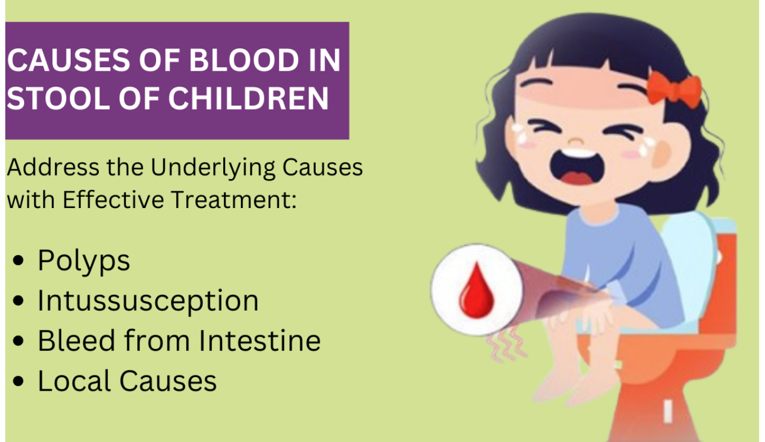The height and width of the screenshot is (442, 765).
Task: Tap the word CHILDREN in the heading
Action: pyautogui.click(x=249, y=98)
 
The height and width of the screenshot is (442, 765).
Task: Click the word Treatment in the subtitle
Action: pyautogui.click(x=234, y=199)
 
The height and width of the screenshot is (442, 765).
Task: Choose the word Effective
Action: pyautogui.click(x=114, y=199)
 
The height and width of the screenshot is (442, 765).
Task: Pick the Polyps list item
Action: pyautogui.click(x=84, y=261)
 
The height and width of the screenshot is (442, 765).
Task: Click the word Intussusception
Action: pyautogui.click(x=148, y=301)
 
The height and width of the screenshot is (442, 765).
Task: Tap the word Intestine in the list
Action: pyautogui.click(x=260, y=341)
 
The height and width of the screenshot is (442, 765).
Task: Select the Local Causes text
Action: pyautogui.click(x=127, y=381)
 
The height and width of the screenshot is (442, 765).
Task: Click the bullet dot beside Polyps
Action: pyautogui.click(x=18, y=260)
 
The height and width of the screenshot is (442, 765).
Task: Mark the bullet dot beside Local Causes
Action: pyautogui.click(x=18, y=381)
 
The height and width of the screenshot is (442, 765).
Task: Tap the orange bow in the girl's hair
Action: pyautogui.click(x=674, y=90)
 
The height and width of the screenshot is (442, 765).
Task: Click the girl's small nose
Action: pyautogui.click(x=576, y=141)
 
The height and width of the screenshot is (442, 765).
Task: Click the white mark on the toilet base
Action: pyautogui.click(x=668, y=411)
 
